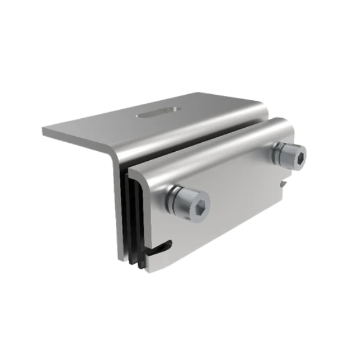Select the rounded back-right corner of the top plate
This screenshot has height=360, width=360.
[264, 108]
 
